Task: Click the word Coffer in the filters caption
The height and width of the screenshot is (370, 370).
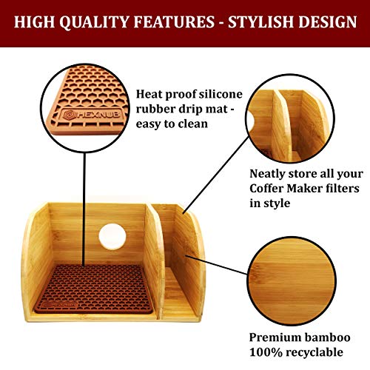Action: click(x=269, y=188)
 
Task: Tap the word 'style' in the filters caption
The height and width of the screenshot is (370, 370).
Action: click(x=279, y=203)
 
